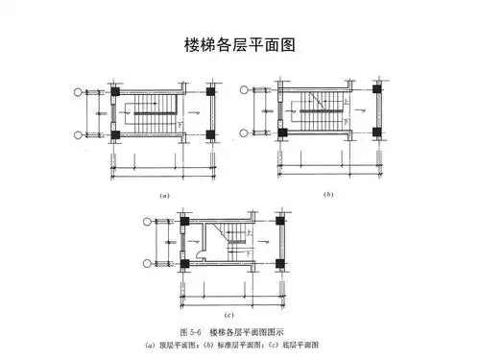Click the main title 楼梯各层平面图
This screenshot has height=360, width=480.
click(x=239, y=44)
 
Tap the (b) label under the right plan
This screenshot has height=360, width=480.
click(x=328, y=195)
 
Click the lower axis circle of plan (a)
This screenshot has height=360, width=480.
click(x=80, y=134)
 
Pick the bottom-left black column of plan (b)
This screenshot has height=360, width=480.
click(x=278, y=134)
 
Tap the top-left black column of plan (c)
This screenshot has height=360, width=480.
click(x=182, y=221)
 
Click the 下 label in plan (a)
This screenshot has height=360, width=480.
click(x=178, y=125)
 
